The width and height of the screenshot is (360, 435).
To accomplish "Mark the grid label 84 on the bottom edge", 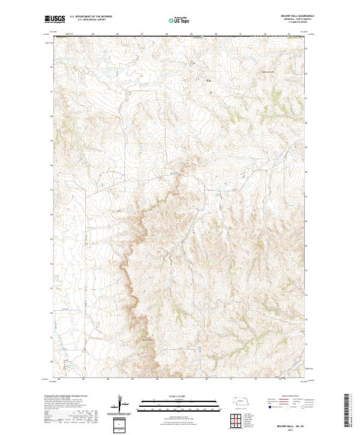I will pos(59,379).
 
